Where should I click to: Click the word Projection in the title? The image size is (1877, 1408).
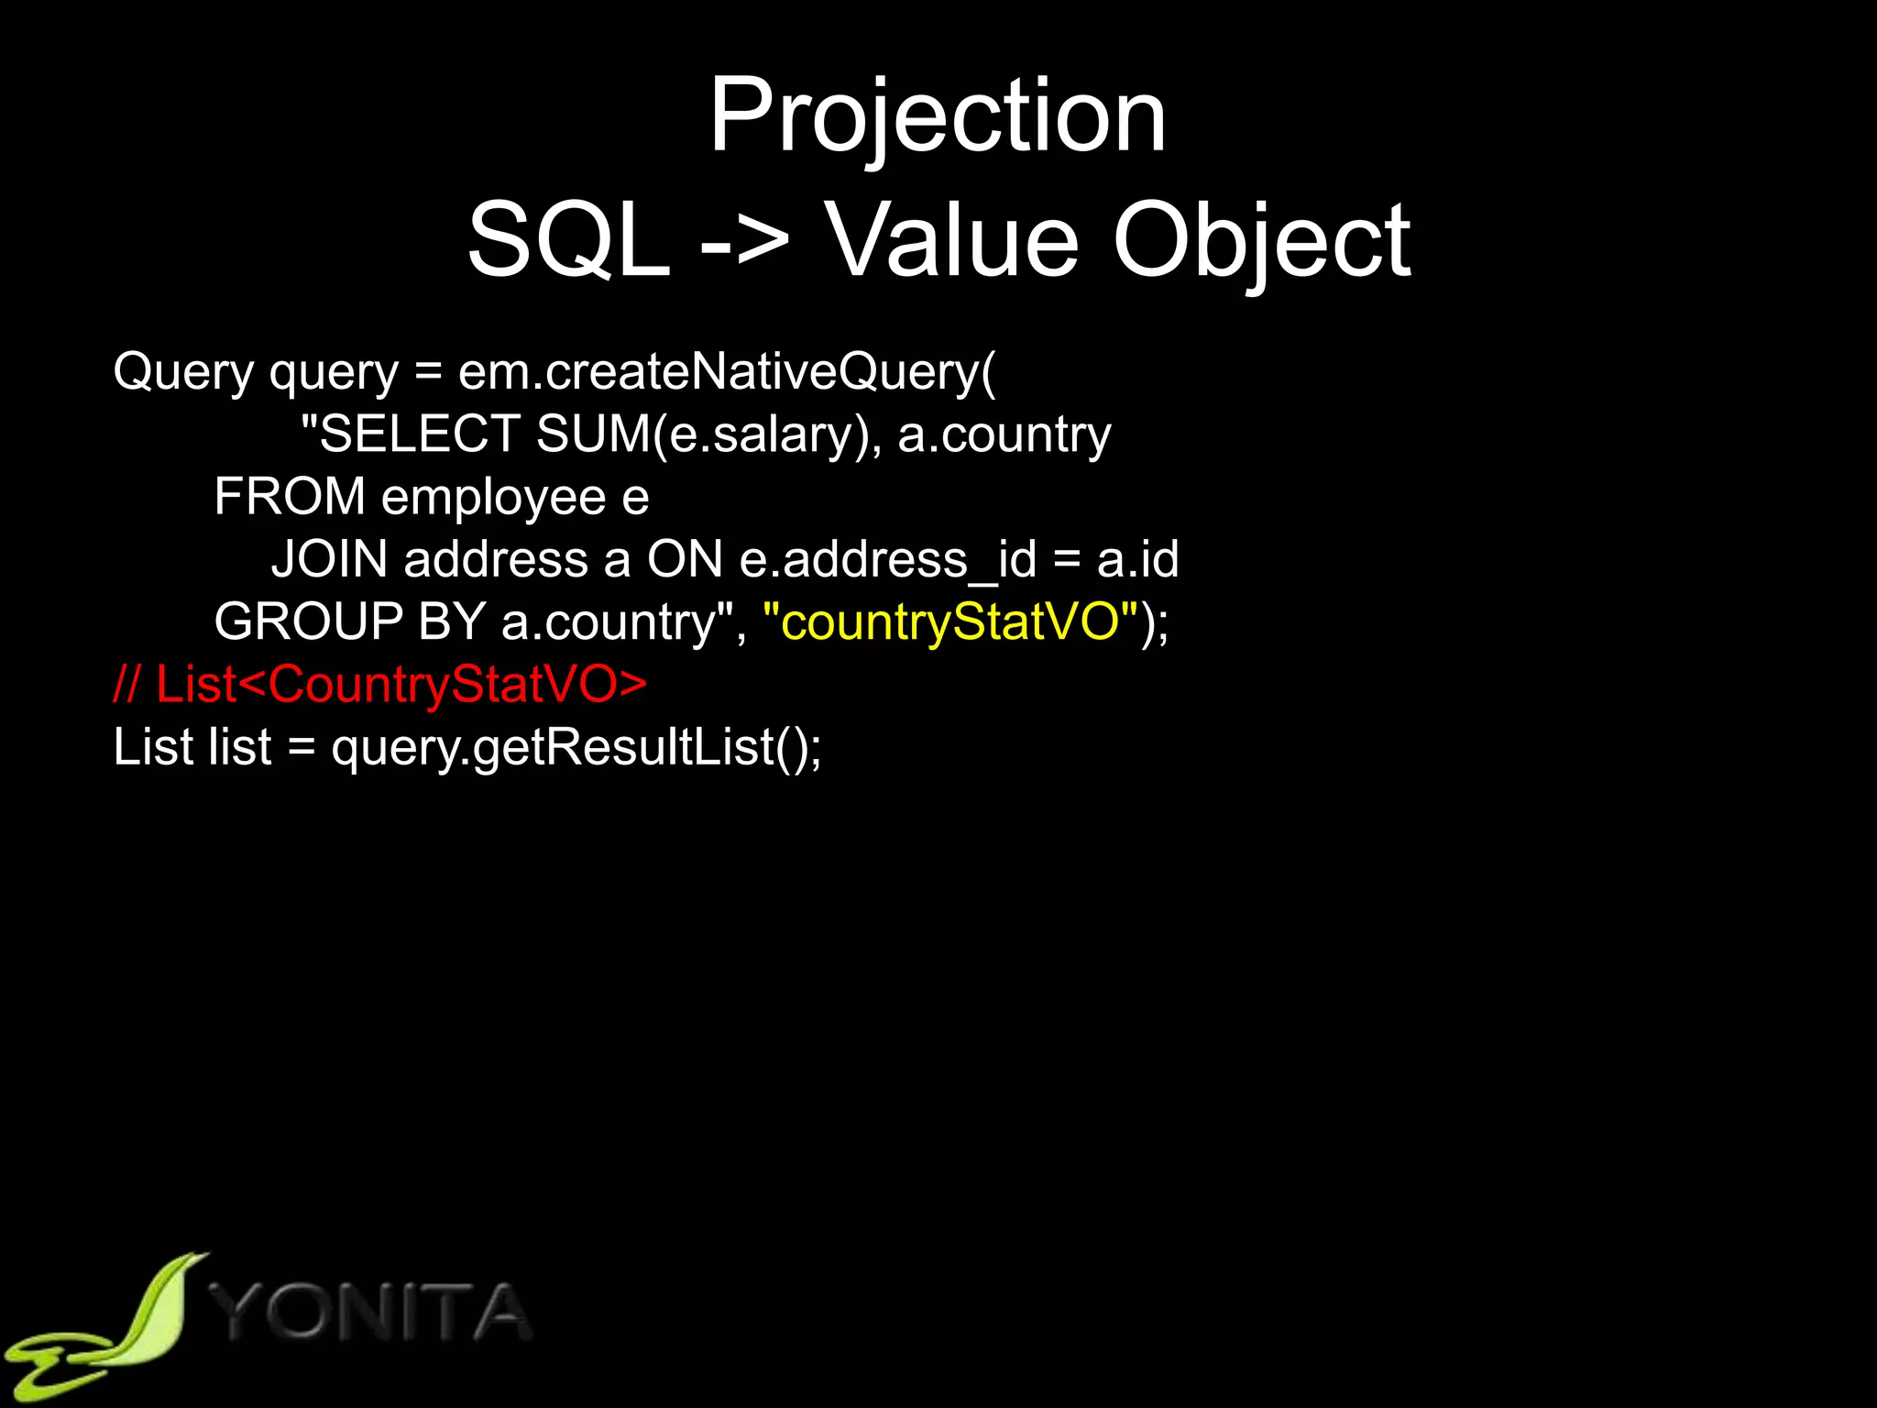pos(938,116)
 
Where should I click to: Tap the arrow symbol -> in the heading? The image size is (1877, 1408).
pos(744,241)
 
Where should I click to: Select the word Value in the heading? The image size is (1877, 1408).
pos(953,241)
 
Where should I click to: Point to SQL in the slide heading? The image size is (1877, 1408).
pos(568,241)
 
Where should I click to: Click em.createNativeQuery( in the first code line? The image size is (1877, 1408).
pos(726,371)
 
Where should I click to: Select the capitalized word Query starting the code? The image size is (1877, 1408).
pos(183,371)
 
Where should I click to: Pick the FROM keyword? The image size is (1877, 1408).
pos(290,496)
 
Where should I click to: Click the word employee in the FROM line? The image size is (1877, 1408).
pos(493,498)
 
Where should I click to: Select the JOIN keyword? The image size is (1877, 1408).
pos(329,558)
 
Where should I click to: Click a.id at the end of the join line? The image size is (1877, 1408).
pos(1137,558)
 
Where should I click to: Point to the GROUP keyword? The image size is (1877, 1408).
pos(308,621)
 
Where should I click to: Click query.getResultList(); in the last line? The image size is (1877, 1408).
pos(576,747)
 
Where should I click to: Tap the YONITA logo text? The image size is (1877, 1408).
pos(371,1313)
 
